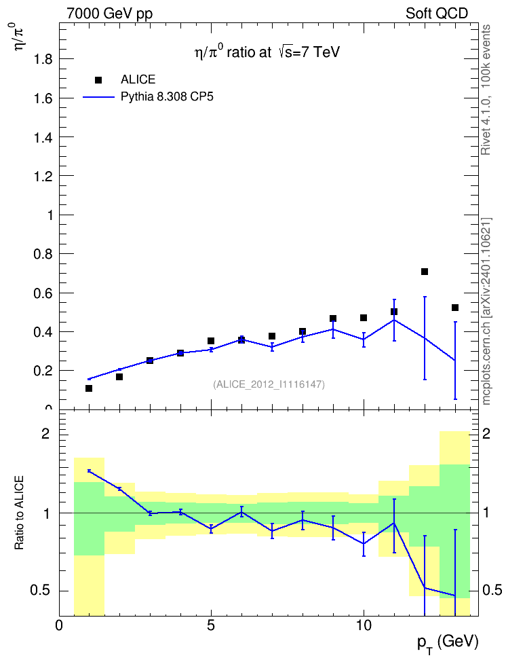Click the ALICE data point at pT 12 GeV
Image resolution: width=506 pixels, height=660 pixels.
425,272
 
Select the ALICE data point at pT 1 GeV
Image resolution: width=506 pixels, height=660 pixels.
89,388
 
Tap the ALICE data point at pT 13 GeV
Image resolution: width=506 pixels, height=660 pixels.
454,308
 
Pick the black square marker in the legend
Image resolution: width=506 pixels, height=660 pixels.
98,80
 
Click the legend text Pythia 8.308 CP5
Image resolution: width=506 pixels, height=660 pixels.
167,97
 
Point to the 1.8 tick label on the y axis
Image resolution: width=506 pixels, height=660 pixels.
43,59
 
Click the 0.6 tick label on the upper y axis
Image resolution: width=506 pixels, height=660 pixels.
43,293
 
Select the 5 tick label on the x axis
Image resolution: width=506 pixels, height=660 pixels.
211,625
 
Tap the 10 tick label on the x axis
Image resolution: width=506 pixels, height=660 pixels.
364,625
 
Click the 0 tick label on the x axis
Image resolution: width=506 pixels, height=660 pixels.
59,625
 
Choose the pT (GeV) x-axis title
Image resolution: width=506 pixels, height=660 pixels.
448,644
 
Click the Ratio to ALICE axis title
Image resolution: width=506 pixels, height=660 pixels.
19,513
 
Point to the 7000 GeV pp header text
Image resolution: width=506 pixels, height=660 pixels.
109,14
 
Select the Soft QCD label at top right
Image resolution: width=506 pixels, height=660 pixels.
437,13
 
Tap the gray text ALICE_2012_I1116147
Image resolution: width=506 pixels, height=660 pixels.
269,384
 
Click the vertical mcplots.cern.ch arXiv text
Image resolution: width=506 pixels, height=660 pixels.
486,311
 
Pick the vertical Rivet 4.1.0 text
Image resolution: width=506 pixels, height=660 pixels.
486,90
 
